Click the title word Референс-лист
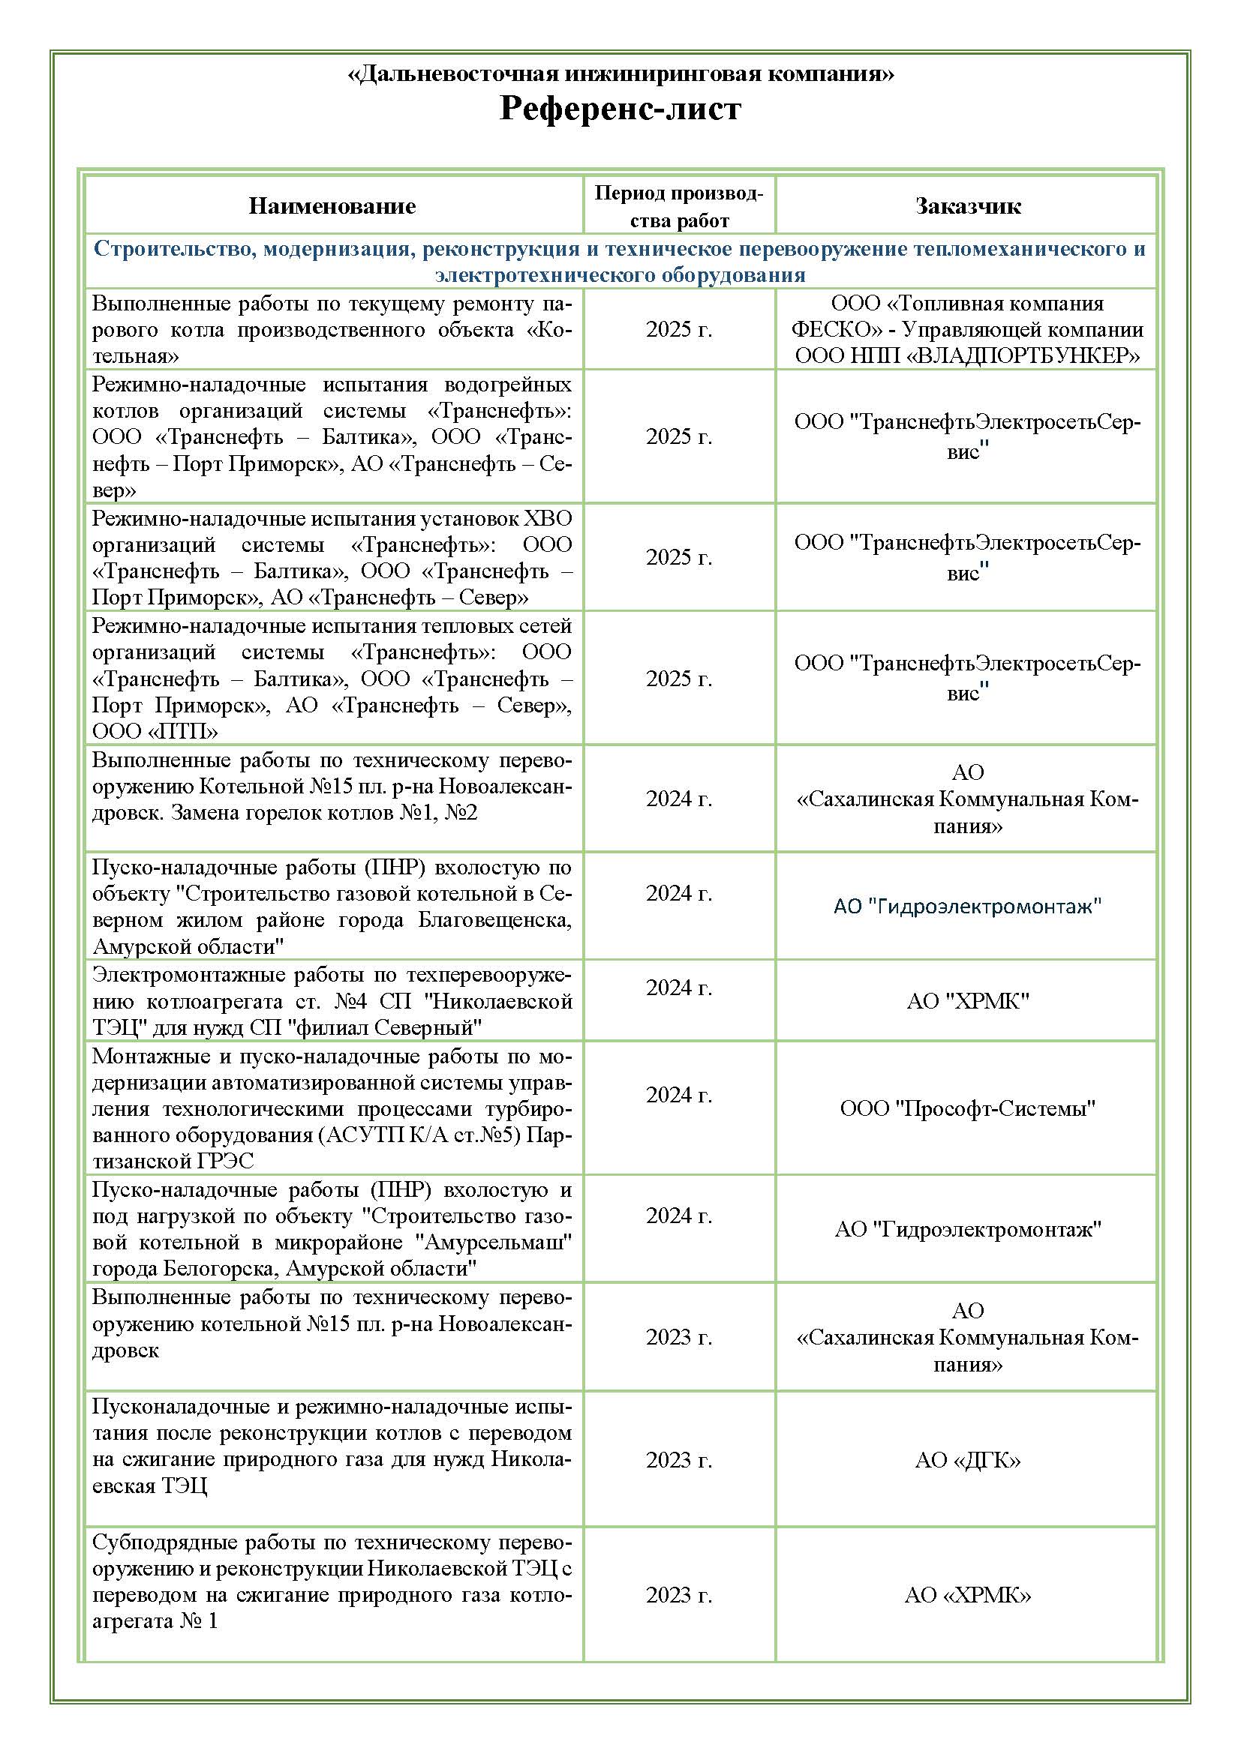pos(620,109)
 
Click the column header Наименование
pos(332,206)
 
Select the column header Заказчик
pos(967,206)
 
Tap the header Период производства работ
pos(678,206)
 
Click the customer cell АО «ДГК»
pos(967,1460)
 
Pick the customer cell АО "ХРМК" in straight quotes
pos(967,1001)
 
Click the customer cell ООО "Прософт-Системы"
pos(967,1108)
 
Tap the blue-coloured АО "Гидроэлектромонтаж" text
pos(967,907)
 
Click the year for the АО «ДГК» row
pos(678,1460)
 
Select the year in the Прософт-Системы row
pos(678,1095)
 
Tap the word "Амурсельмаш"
pos(493,1242)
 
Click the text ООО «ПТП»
pos(155,732)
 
